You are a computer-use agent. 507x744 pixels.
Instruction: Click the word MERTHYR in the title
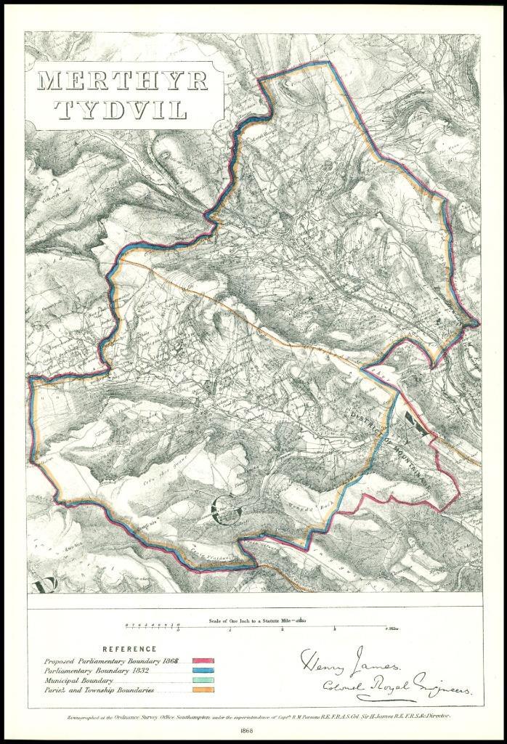click(122, 81)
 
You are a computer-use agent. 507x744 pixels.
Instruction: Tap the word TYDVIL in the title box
click(122, 110)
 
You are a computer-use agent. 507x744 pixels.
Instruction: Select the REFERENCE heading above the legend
click(129, 649)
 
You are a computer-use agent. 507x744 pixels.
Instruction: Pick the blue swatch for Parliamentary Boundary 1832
click(203, 671)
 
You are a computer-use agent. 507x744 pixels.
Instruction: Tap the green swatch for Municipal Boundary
click(203, 680)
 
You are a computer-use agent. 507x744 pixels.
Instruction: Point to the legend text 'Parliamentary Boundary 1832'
click(105, 671)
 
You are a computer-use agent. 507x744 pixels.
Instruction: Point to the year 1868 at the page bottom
click(253, 730)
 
